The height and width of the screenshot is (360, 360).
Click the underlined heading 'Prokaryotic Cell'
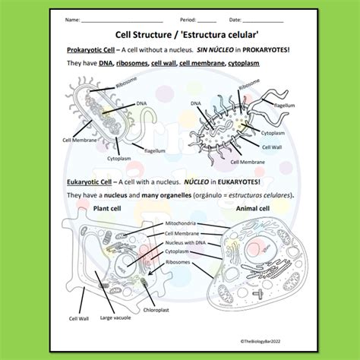click(89, 49)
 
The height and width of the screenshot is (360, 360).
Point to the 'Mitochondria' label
click(181, 223)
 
